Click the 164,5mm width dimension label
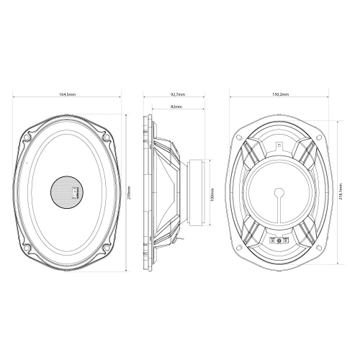68,94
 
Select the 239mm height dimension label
130,194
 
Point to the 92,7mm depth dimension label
177,94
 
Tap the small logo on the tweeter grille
75,192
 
